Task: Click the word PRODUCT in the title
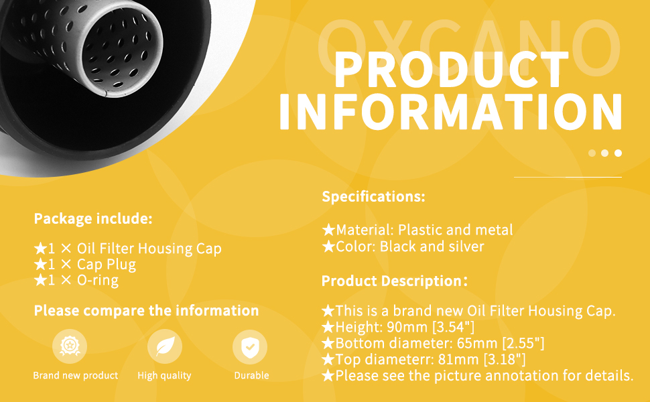[x=452, y=70]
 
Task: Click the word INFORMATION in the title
[x=450, y=112]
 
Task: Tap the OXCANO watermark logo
[x=469, y=47]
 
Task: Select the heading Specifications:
[x=373, y=196]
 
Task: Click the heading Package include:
[x=93, y=218]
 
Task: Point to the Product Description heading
[x=394, y=281]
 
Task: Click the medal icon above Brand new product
[x=70, y=346]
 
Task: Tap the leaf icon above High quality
[x=165, y=346]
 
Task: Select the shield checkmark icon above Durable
[x=250, y=347]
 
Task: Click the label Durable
[x=252, y=375]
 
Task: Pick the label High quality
[x=165, y=376]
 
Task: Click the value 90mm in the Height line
[x=407, y=327]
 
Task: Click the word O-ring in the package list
[x=98, y=281]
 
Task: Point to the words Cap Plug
[x=107, y=265]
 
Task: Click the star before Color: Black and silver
[x=329, y=247]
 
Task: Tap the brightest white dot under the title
[x=618, y=153]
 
